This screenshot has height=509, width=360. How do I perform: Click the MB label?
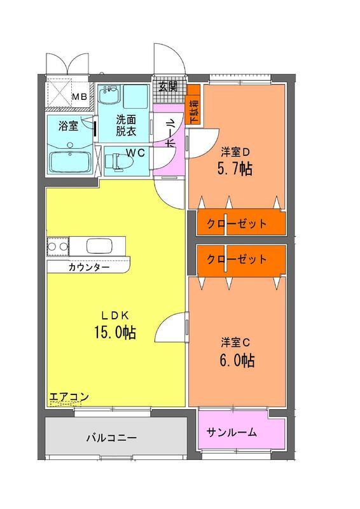pos(80,97)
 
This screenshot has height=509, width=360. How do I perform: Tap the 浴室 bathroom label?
pos(68,126)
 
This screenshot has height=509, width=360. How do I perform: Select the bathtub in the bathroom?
pos(70,162)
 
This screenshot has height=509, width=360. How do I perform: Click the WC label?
pos(135,152)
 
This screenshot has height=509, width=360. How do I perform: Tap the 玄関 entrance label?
pos(168,87)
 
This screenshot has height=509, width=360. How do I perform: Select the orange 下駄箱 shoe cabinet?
pos(193,105)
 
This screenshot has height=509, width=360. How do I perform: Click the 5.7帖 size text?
pos(235,169)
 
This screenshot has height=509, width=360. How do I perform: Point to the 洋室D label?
pos(235,152)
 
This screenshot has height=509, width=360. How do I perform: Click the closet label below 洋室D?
pos(237,224)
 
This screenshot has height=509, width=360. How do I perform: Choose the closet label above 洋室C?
pos(237,259)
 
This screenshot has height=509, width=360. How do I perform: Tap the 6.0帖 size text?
pos(237,360)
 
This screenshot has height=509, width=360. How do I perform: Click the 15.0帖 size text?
pos(115,332)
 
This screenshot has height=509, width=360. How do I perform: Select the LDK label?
pos(116,315)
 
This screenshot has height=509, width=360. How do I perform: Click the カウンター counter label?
pos(89,267)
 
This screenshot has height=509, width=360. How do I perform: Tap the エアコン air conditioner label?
pos(69,396)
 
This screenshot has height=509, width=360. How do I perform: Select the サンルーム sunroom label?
pos(232,433)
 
